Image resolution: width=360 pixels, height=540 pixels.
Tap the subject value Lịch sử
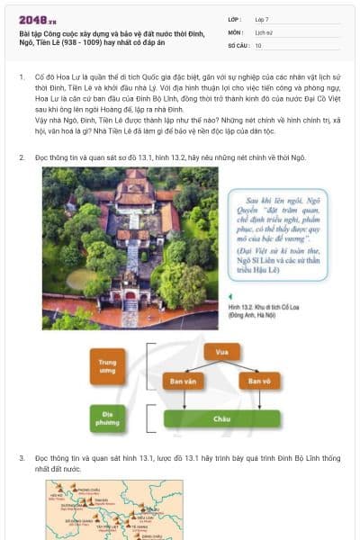pos(264,31)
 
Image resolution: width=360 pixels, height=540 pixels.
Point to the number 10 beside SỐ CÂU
pos(258,44)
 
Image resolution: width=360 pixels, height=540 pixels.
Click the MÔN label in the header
pos(234,31)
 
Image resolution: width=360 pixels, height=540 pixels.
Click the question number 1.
pos(22,78)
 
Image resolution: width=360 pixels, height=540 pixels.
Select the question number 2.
pos(22,157)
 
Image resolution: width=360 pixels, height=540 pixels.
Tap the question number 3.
pos(22,458)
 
